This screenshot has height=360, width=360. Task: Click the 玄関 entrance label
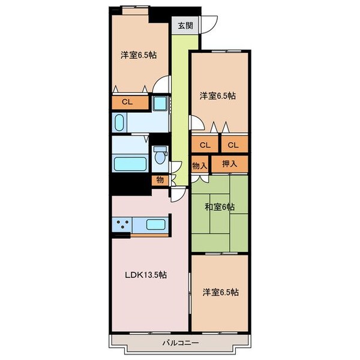click(185, 26)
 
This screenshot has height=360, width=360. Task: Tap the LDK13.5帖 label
click(146, 275)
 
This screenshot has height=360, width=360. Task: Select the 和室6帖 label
click(220, 207)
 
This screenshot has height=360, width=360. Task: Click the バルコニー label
click(181, 343)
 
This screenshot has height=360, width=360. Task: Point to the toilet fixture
click(160, 155)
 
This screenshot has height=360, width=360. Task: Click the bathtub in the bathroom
click(130, 164)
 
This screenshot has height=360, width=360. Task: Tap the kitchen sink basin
click(155, 224)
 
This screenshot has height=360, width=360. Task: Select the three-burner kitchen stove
click(122, 224)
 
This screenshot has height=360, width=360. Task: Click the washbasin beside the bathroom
click(119, 122)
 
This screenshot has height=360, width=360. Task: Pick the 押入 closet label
click(230, 164)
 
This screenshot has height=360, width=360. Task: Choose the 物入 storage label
click(200, 166)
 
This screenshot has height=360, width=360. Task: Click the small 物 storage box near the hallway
click(160, 180)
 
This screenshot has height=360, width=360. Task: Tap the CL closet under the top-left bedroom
click(130, 102)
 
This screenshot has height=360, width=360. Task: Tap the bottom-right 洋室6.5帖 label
click(220, 292)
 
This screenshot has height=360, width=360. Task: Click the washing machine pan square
click(160, 103)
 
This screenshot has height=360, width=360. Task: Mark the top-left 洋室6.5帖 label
click(139, 55)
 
